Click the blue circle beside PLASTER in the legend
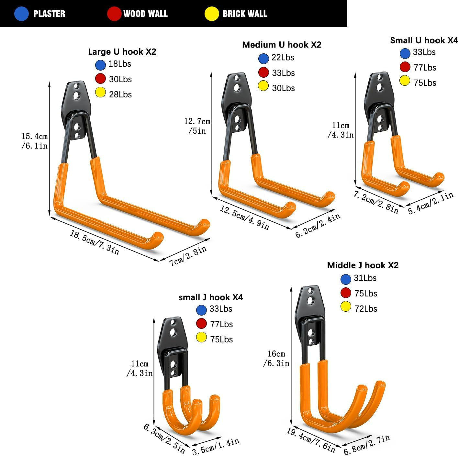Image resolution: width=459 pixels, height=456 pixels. (21, 14)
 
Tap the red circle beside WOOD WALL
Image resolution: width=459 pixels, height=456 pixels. (114, 14)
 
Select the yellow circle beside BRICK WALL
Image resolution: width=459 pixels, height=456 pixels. (212, 14)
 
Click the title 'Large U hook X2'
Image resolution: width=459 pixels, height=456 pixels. (122, 52)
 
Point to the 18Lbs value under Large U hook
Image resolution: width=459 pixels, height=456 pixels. (120, 64)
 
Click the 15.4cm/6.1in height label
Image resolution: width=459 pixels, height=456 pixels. (35, 141)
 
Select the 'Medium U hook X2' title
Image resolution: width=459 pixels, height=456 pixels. (282, 45)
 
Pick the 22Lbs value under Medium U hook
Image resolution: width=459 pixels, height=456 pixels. (283, 58)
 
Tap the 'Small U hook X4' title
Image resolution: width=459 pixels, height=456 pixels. (424, 40)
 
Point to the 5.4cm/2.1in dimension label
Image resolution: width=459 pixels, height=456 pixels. (431, 203)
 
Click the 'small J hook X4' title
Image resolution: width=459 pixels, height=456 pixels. (211, 297)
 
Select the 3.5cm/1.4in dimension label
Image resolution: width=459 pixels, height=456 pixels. (216, 446)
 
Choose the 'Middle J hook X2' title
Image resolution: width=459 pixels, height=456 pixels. (363, 265)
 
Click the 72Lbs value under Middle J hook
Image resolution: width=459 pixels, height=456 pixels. (366, 309)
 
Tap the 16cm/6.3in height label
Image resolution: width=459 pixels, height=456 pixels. (276, 359)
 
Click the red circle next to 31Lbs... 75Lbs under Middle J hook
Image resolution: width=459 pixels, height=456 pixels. (346, 293)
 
